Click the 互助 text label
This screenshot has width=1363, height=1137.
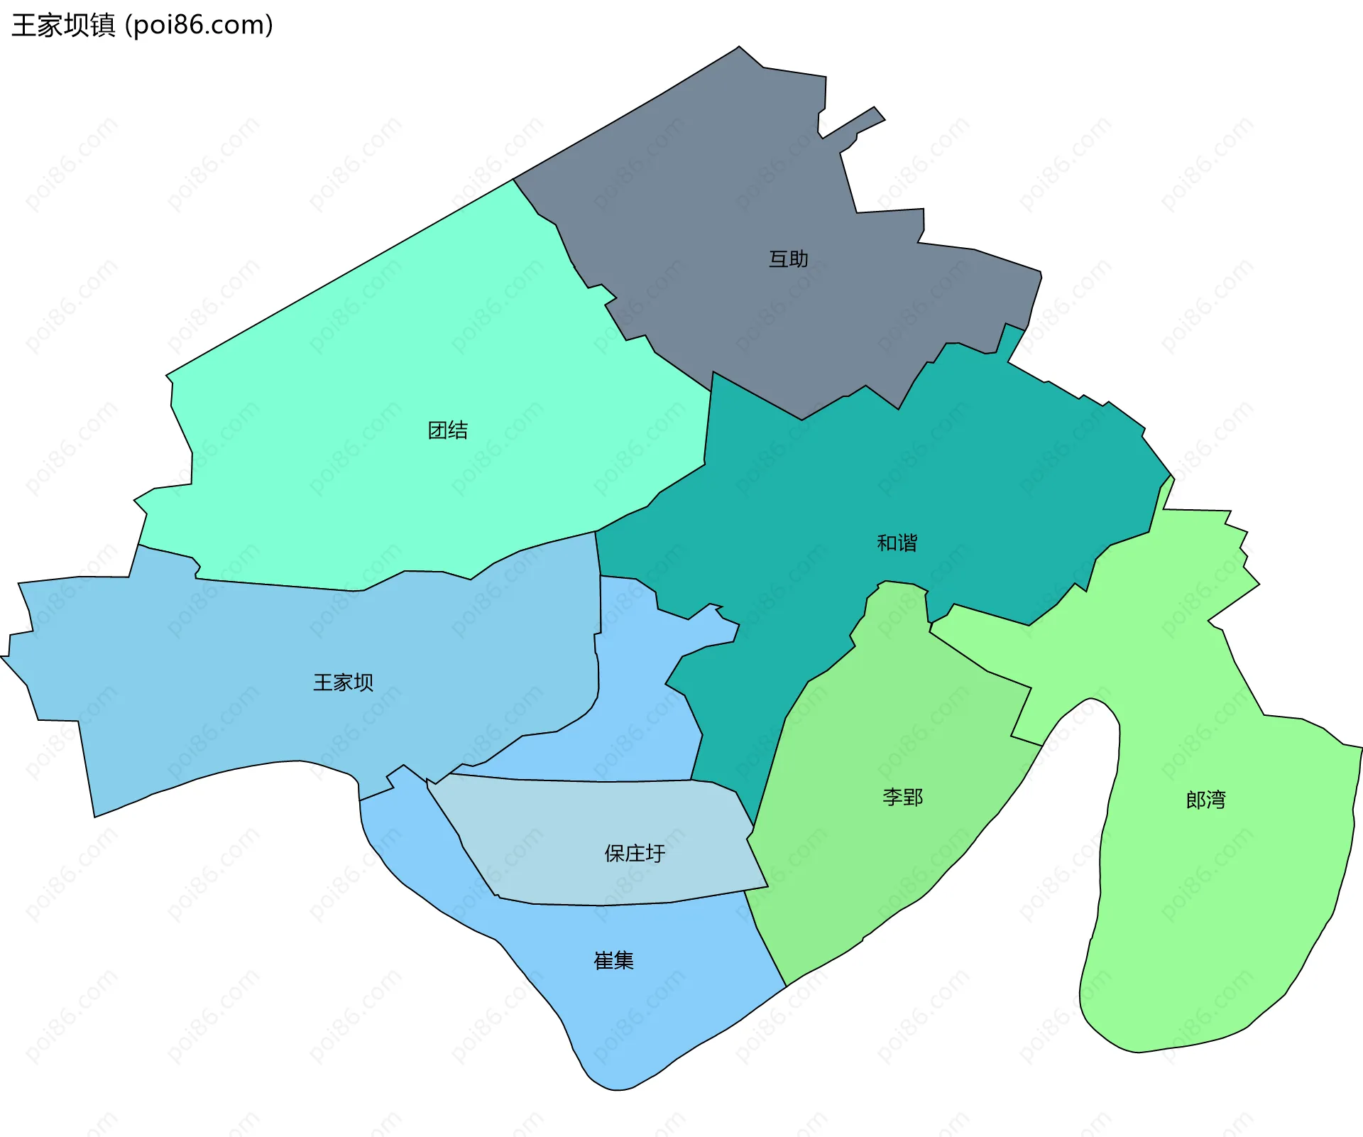point(788,259)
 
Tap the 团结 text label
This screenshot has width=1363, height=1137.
point(447,430)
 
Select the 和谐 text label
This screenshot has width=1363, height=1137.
point(897,543)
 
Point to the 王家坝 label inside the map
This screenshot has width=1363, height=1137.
point(343,682)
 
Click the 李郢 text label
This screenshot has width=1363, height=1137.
point(902,798)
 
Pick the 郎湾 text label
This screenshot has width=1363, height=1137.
point(1205,800)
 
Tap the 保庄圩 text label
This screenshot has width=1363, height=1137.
point(635,854)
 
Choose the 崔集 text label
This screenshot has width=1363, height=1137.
point(613,961)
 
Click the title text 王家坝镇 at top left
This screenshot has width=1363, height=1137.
point(63,26)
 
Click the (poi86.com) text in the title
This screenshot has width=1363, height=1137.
point(199,26)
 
